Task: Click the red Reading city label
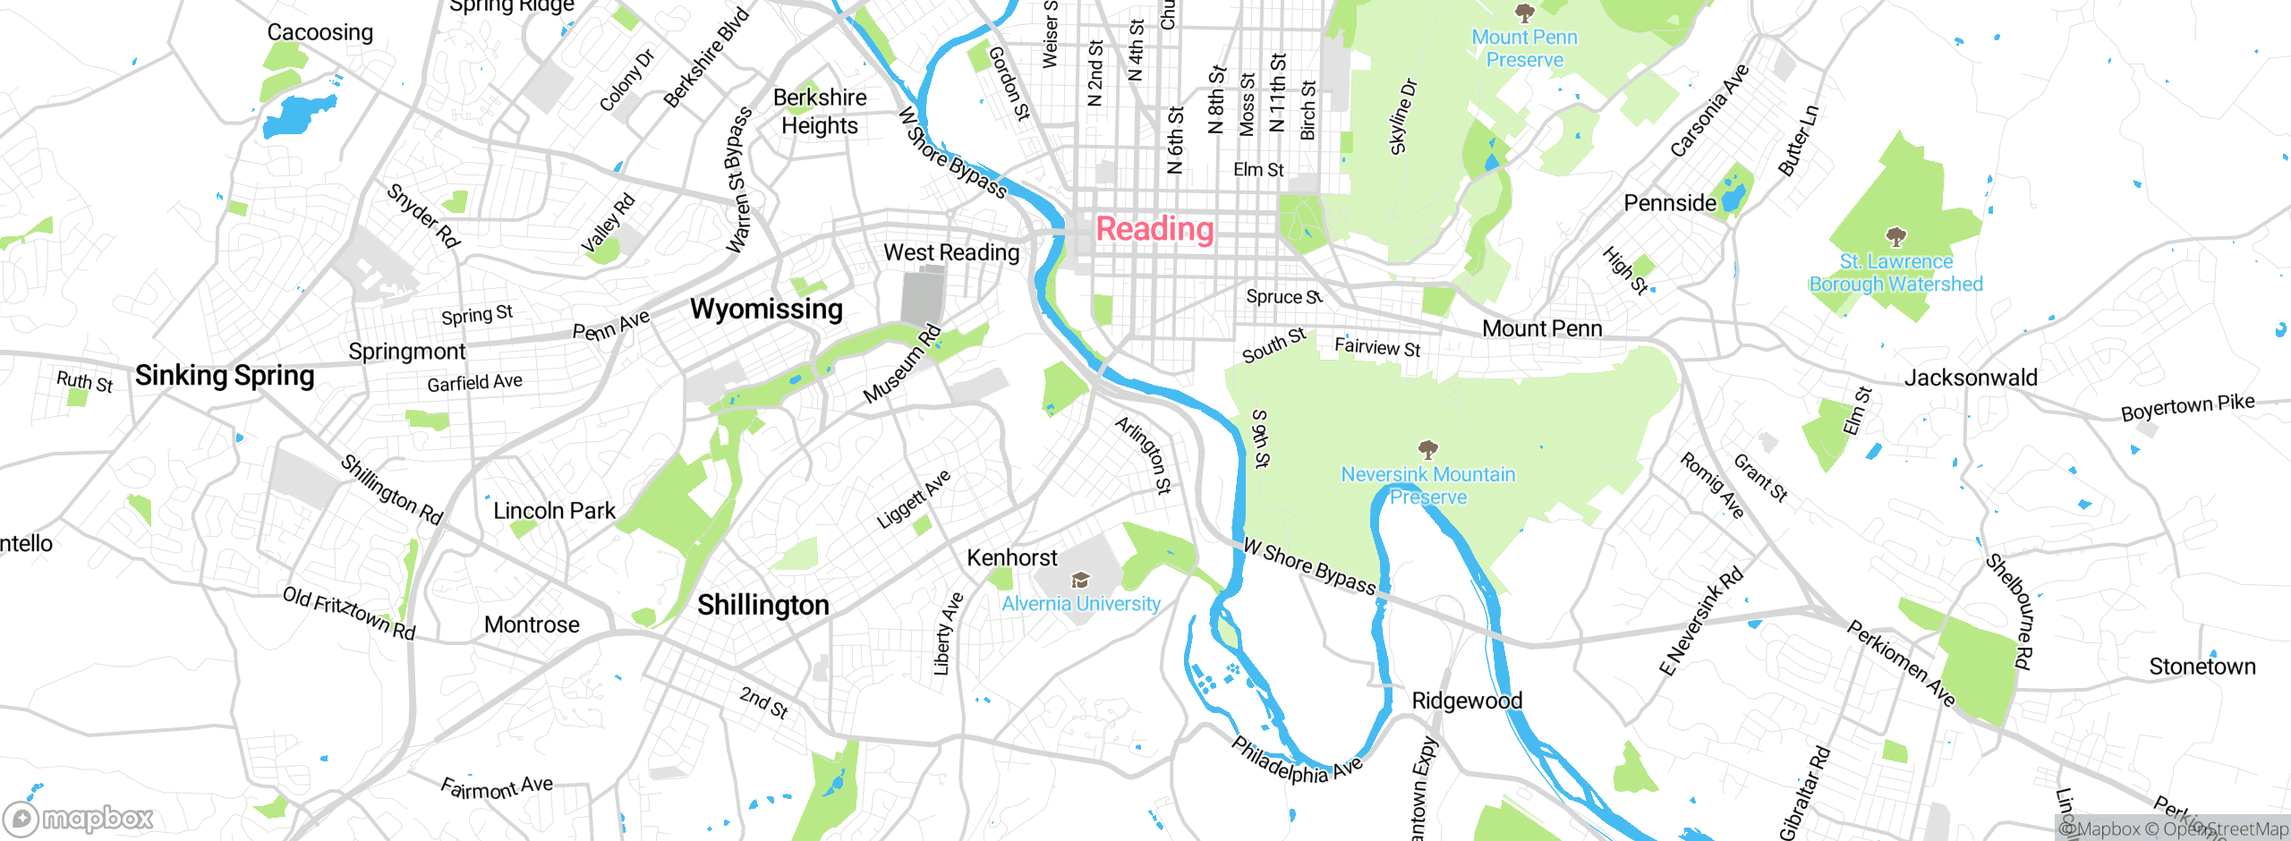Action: pyautogui.click(x=1154, y=229)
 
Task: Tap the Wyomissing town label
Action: pyautogui.click(x=766, y=309)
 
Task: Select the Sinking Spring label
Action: pyautogui.click(x=225, y=375)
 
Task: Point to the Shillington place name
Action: pyautogui.click(x=762, y=605)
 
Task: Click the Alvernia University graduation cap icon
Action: pyautogui.click(x=1080, y=581)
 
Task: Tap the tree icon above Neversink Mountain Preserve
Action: pyautogui.click(x=1427, y=449)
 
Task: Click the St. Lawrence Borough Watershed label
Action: pyautogui.click(x=1895, y=273)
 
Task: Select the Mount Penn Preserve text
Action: pyautogui.click(x=1524, y=48)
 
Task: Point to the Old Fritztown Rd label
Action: pyautogui.click(x=349, y=613)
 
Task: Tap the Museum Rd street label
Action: pyautogui.click(x=902, y=363)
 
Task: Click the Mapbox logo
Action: pyautogui.click(x=79, y=818)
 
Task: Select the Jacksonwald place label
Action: pyautogui.click(x=1970, y=378)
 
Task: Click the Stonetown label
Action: pyautogui.click(x=2202, y=667)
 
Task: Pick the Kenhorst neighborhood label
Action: pyautogui.click(x=1011, y=558)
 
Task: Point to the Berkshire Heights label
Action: pyautogui.click(x=819, y=112)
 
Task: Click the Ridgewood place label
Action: pyautogui.click(x=1466, y=701)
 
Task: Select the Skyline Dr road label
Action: pyautogui.click(x=1402, y=117)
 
